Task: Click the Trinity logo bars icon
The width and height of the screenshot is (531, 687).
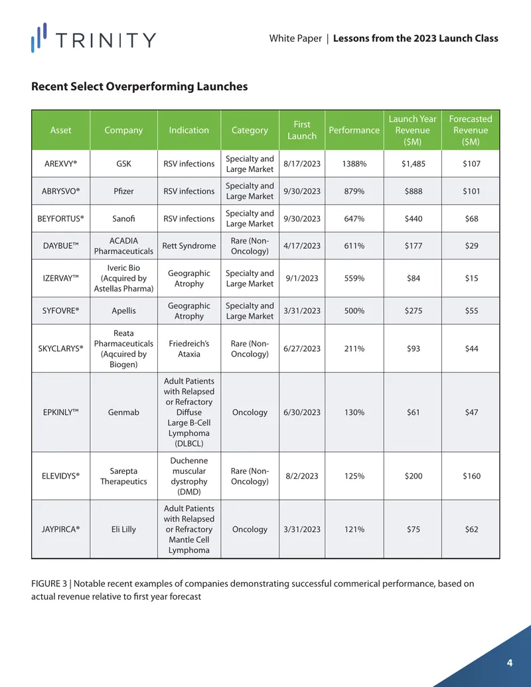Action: tap(39, 38)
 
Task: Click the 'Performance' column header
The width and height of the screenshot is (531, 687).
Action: tap(354, 130)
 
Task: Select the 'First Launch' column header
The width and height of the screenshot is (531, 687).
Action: tap(302, 130)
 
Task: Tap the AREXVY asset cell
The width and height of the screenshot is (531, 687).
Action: tap(60, 163)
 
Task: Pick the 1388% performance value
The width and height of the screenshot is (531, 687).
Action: tap(354, 163)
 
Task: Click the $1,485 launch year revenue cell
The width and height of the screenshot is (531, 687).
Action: tap(413, 163)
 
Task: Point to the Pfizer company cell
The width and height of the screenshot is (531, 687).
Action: tap(123, 191)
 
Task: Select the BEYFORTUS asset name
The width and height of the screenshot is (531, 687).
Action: tap(60, 218)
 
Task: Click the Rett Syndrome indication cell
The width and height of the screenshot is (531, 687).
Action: tap(189, 246)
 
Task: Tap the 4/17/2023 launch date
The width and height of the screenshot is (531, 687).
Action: tap(302, 246)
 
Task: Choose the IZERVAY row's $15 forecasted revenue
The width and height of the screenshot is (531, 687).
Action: tap(471, 278)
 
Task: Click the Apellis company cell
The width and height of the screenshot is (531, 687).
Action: tap(123, 311)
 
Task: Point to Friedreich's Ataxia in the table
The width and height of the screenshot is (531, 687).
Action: tap(189, 348)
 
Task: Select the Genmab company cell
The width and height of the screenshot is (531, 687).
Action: tap(123, 412)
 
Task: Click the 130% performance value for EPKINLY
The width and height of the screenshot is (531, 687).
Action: tap(354, 412)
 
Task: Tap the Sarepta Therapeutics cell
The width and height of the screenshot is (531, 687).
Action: tap(123, 477)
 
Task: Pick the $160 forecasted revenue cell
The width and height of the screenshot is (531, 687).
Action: tap(471, 476)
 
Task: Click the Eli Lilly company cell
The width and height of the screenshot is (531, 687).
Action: tap(123, 529)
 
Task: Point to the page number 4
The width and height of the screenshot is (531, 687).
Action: tap(510, 662)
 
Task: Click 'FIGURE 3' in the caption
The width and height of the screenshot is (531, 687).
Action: tap(49, 583)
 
